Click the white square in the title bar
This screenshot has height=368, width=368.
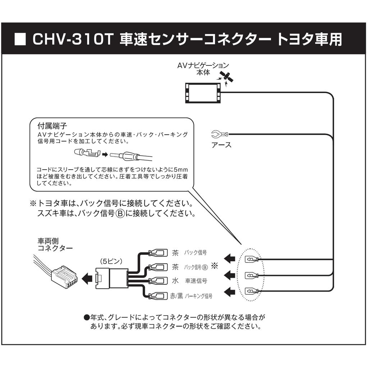20,39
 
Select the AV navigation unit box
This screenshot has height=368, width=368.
203,93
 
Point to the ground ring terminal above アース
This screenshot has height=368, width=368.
220,134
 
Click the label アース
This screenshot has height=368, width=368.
221,145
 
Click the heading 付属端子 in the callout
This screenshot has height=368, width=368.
52,126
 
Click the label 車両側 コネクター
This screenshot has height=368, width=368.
55,244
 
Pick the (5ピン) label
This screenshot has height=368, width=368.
111,261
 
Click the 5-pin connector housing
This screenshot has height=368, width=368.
111,279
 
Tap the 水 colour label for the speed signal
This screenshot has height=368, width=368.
175,280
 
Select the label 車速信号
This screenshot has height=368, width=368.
196,281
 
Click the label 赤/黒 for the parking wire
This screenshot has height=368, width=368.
176,296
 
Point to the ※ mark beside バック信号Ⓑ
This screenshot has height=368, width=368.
215,266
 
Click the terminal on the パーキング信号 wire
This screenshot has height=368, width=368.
158,295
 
